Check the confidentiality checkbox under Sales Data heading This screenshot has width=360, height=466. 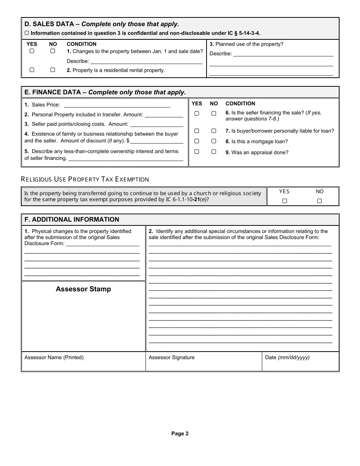[x=27, y=33]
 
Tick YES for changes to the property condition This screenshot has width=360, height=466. [x=32, y=51]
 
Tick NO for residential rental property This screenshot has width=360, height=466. [x=53, y=70]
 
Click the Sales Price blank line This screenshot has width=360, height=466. [x=117, y=105]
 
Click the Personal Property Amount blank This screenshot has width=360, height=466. [x=164, y=115]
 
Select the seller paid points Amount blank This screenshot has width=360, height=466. [x=157, y=124]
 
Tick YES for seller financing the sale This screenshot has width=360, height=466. [x=197, y=113]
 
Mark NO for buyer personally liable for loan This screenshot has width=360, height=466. [x=214, y=131]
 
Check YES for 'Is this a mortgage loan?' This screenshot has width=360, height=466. [x=197, y=141]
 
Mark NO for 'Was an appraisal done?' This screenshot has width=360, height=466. [x=214, y=152]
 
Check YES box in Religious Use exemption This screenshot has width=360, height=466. [x=284, y=201]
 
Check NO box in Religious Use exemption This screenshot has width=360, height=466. [x=319, y=201]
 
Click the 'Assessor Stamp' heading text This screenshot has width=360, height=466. [x=83, y=289]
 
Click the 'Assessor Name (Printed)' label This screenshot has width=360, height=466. [x=54, y=357]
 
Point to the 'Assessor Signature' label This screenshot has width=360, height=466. [x=171, y=357]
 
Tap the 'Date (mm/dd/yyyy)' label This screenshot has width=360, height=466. [x=287, y=357]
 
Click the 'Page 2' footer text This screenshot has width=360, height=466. [x=180, y=434]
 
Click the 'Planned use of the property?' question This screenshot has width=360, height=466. [x=246, y=44]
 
